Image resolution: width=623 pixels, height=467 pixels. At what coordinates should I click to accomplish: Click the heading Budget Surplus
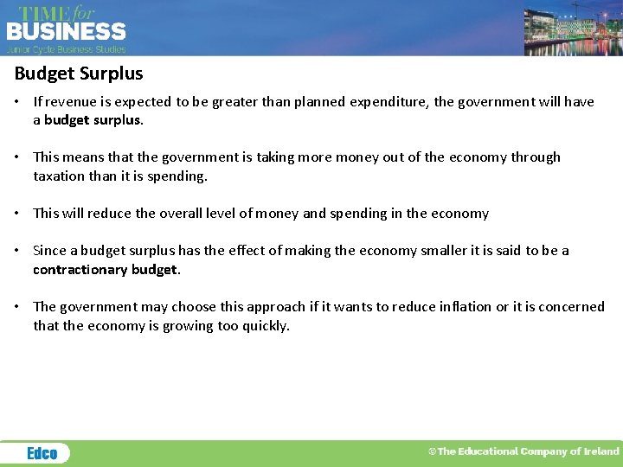(79, 74)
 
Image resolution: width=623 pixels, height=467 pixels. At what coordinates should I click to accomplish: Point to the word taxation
(59, 176)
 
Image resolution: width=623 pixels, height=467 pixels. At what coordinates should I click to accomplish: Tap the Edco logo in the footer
(42, 453)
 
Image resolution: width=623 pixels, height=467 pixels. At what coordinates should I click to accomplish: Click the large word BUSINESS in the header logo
(67, 32)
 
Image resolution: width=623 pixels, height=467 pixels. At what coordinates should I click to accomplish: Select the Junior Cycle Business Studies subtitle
(67, 49)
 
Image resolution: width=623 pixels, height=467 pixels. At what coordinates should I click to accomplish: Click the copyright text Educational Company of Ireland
(524, 451)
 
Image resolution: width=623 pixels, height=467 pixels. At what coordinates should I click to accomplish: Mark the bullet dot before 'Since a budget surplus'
(18, 251)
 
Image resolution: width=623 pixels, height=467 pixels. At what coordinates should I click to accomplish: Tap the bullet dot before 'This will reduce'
(18, 214)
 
